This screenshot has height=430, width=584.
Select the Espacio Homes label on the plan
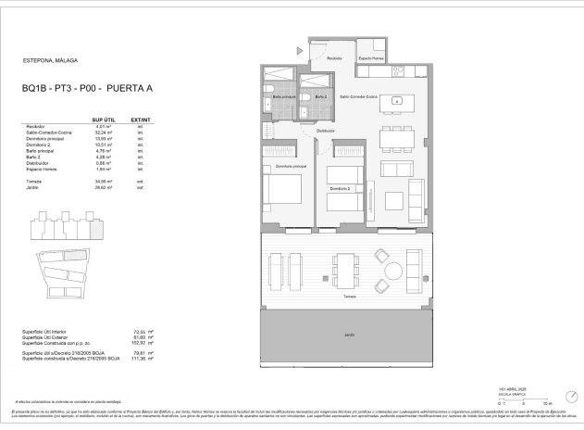(372, 59)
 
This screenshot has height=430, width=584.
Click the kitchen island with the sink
(396, 100)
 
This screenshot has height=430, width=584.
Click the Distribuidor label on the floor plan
(325, 131)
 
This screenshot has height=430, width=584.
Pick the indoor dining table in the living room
(398, 138)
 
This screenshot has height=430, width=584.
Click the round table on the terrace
(394, 271)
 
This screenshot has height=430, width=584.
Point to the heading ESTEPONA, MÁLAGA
(49, 62)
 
